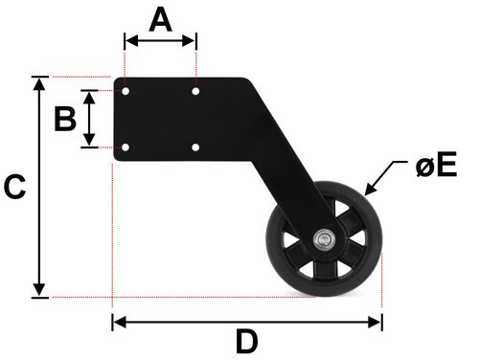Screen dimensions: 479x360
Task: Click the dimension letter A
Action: [161, 20]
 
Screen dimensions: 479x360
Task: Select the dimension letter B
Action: [65, 119]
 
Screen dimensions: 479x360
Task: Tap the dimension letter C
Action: [14, 187]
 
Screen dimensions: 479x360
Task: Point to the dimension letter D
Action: [247, 342]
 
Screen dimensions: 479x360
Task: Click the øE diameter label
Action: [437, 165]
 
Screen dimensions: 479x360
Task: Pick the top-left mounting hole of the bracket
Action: [125, 92]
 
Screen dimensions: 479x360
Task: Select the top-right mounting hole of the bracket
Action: [195, 92]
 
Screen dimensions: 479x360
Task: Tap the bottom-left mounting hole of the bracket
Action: [125, 147]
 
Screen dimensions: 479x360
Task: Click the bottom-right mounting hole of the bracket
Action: [195, 147]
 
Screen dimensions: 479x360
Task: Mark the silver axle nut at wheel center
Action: [324, 238]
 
